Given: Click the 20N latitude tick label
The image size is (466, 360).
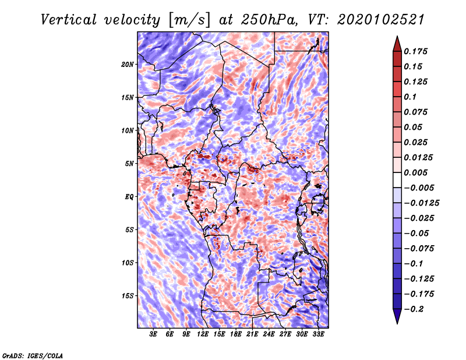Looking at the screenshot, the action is [127, 65].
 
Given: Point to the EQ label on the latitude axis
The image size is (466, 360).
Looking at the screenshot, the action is [129, 197].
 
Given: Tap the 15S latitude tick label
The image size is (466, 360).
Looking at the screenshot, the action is [127, 296].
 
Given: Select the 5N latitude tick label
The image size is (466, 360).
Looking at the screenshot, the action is [129, 164].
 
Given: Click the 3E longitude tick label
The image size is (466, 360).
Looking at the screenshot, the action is [153, 334].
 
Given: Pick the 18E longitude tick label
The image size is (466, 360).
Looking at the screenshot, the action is [236, 334].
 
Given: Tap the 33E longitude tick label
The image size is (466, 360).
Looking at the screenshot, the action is [318, 334].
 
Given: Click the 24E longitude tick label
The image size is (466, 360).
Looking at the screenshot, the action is [269, 334].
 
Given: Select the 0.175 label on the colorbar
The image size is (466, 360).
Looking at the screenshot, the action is [415, 51].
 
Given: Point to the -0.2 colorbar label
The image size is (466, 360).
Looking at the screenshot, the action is [414, 309].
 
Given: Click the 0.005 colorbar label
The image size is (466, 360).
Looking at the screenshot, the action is [415, 172].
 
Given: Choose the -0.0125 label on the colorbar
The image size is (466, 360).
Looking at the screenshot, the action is [421, 203].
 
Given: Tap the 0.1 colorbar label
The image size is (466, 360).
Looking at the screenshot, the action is [410, 97].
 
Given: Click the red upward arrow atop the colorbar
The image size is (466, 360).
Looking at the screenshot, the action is [397, 44].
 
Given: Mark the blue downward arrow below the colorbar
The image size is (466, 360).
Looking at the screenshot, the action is [397, 316].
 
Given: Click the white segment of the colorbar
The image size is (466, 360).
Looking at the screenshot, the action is [397, 180].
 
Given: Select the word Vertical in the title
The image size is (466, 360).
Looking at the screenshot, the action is [69, 20].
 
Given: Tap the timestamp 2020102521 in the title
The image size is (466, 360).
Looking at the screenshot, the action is [380, 20].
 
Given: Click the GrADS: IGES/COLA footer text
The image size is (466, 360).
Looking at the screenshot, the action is [33, 356].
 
